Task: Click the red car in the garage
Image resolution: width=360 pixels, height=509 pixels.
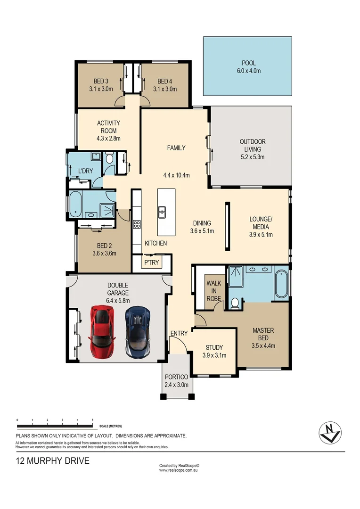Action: pos(102,332)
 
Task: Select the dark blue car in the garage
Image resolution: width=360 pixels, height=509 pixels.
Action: pos(138,332)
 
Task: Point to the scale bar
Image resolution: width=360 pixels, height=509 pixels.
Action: pos(55,426)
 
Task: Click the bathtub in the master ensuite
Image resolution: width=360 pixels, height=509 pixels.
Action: pos(281,283)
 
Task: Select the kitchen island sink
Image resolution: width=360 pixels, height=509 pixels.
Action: pos(162,212)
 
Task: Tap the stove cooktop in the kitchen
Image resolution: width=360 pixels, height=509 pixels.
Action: pos(138,224)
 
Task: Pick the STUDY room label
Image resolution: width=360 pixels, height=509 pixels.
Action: pos(214,348)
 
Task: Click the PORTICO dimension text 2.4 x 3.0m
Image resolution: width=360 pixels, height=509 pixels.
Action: pos(177,385)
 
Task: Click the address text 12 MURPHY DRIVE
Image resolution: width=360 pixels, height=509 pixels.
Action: pos(52,461)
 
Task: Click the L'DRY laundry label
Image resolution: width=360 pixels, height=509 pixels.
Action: pos(85,171)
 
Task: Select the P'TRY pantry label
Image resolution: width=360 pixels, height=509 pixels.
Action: pos(151,263)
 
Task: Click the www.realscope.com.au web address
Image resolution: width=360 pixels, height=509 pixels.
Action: pos(179,470)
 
